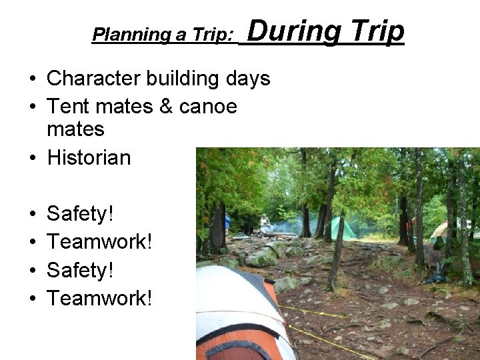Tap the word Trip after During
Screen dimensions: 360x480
[x=376, y=31]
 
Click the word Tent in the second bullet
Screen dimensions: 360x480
[x=66, y=106]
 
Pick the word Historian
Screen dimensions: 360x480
[x=89, y=157]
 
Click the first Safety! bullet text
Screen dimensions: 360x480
[x=81, y=214]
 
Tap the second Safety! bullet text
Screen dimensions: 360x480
[x=81, y=270]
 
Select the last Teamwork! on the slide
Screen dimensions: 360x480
[x=100, y=298]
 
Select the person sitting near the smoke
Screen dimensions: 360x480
[x=265, y=223]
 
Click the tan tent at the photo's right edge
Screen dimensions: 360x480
[x=441, y=231]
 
